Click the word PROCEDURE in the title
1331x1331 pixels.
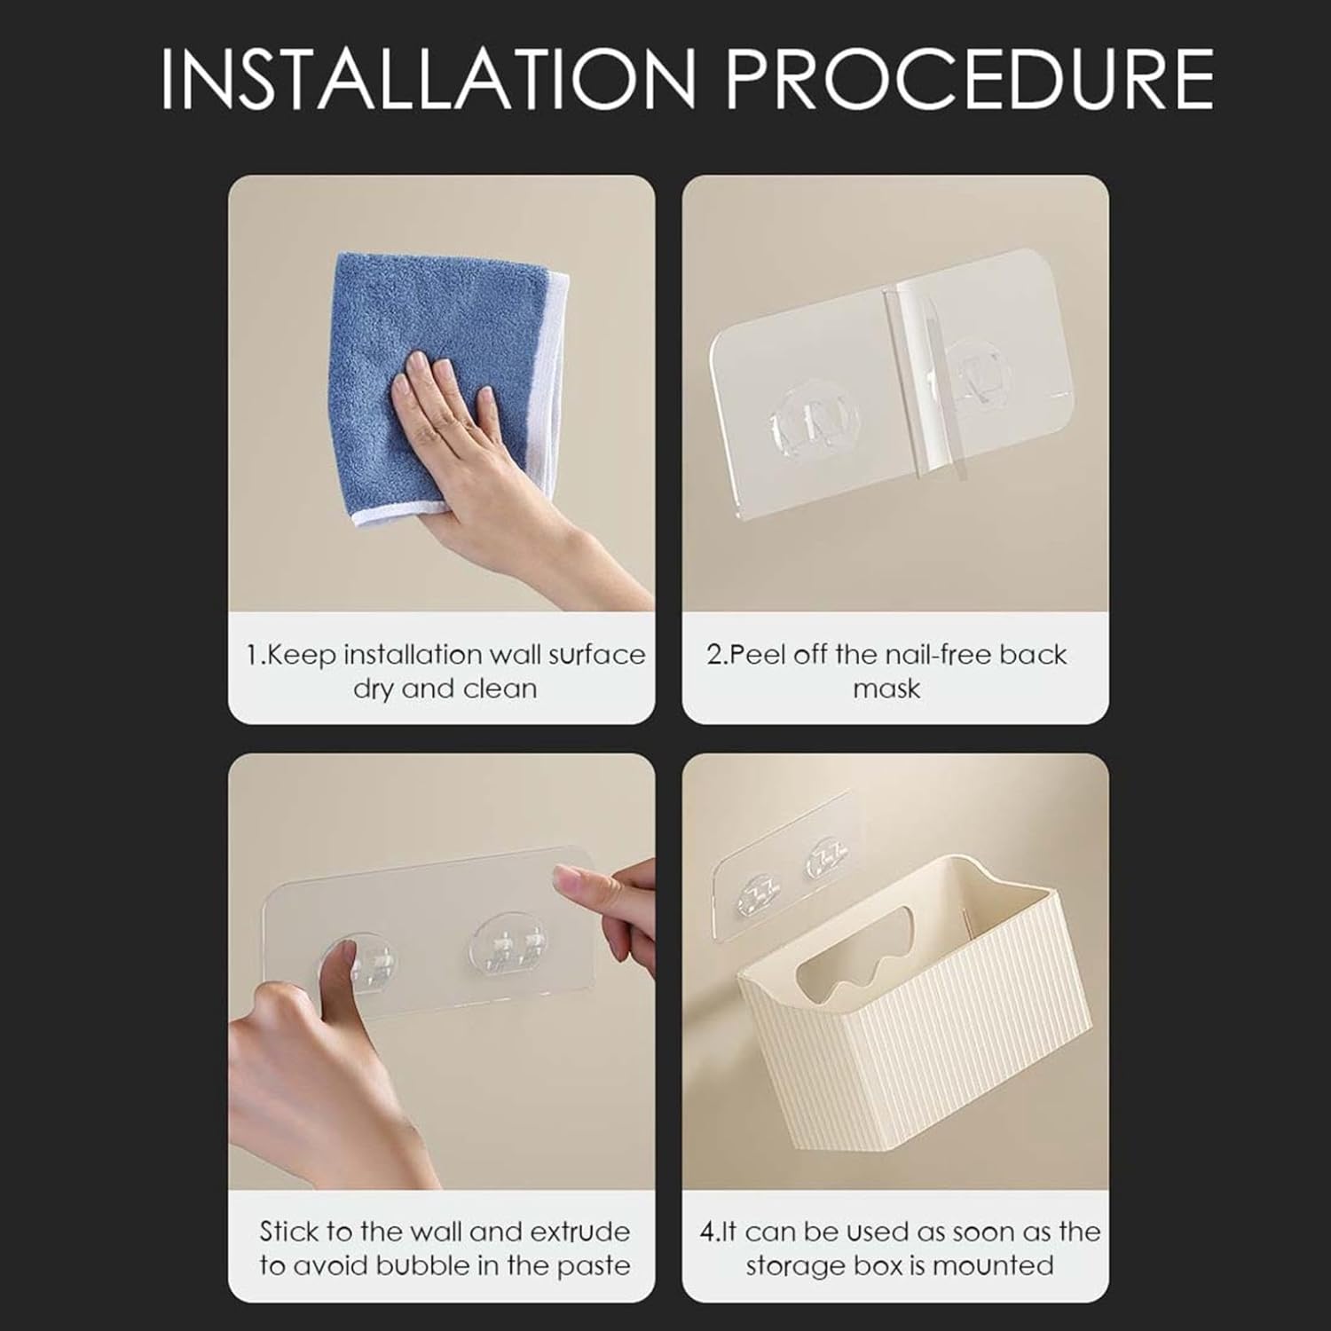pos(970,79)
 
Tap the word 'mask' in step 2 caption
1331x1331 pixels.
pos(886,689)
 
